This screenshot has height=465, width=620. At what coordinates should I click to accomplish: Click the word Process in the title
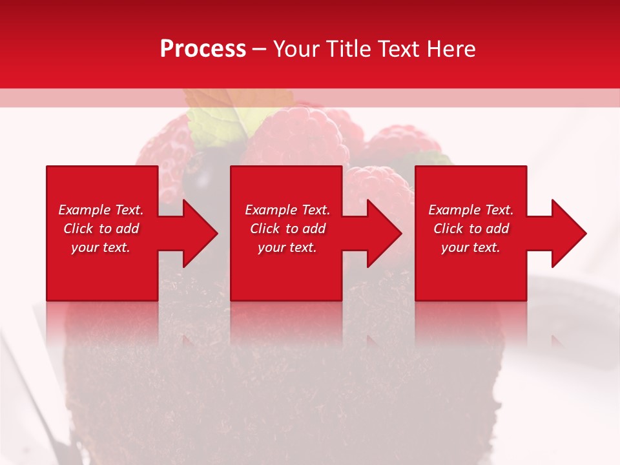(x=203, y=49)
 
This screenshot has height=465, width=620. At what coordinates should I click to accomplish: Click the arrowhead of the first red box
(x=200, y=233)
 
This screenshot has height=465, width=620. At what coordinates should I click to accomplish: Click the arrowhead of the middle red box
(x=384, y=233)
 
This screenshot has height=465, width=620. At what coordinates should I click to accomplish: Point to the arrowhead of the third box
(x=568, y=233)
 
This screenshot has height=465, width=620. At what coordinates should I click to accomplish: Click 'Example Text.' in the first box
(x=101, y=210)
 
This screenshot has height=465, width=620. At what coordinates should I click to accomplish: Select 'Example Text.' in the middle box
(x=287, y=210)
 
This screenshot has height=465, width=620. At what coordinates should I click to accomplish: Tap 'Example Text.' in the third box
(x=471, y=210)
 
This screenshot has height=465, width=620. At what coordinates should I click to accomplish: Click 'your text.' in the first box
(x=101, y=247)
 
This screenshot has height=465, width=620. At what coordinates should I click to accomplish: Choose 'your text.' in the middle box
(x=287, y=247)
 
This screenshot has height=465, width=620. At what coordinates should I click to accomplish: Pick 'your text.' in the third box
(x=471, y=247)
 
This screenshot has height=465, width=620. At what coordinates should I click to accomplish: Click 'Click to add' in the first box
(x=101, y=229)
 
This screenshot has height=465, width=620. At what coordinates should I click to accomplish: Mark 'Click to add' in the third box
(x=471, y=229)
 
